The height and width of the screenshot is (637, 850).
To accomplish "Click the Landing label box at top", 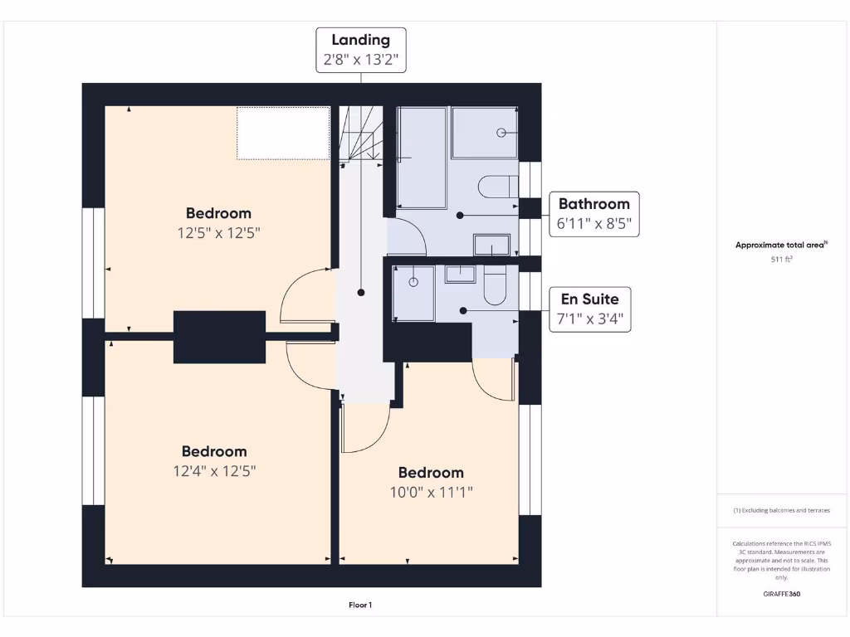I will pyautogui.click(x=360, y=50).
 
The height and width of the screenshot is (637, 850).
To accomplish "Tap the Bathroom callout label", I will pyautogui.click(x=594, y=213).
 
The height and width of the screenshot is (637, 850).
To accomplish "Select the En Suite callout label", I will pyautogui.click(x=589, y=309).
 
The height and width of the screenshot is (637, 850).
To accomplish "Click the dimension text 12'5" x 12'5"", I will pyautogui.click(x=219, y=234).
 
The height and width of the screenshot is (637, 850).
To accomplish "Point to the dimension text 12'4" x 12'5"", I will pyautogui.click(x=214, y=471).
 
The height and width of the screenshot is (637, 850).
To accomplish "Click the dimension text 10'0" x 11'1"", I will pyautogui.click(x=430, y=492).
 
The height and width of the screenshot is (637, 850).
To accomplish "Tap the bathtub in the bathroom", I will pyautogui.click(x=422, y=158).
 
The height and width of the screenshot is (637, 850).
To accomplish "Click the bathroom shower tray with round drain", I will pyautogui.click(x=485, y=132).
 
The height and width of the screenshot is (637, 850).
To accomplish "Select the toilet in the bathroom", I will pyautogui.click(x=498, y=186).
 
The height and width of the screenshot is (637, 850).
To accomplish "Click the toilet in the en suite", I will pyautogui.click(x=495, y=285).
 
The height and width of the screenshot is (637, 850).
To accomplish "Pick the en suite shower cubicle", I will pyautogui.click(x=413, y=293).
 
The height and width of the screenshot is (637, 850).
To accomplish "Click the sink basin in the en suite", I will pyautogui.click(x=459, y=274).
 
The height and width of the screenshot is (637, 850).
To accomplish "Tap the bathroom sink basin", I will pyautogui.click(x=491, y=245).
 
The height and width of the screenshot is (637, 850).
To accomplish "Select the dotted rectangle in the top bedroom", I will pyautogui.click(x=283, y=133).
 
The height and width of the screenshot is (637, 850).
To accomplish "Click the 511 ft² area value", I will pyautogui.click(x=781, y=260).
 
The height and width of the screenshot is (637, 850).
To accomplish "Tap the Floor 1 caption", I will pyautogui.click(x=360, y=605).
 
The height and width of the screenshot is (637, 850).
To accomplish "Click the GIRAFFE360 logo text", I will pyautogui.click(x=781, y=594).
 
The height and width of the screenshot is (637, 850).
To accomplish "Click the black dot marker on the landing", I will pyautogui.click(x=361, y=293).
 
